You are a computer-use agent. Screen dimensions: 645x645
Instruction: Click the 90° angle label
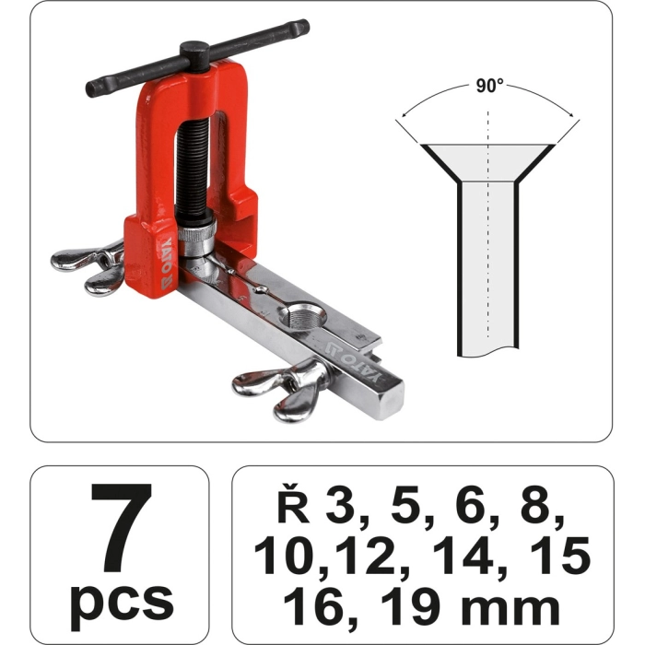tap(489, 86)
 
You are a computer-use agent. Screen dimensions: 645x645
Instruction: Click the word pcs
tap(122, 602)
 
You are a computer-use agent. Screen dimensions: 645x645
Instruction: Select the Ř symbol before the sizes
tap(293, 504)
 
